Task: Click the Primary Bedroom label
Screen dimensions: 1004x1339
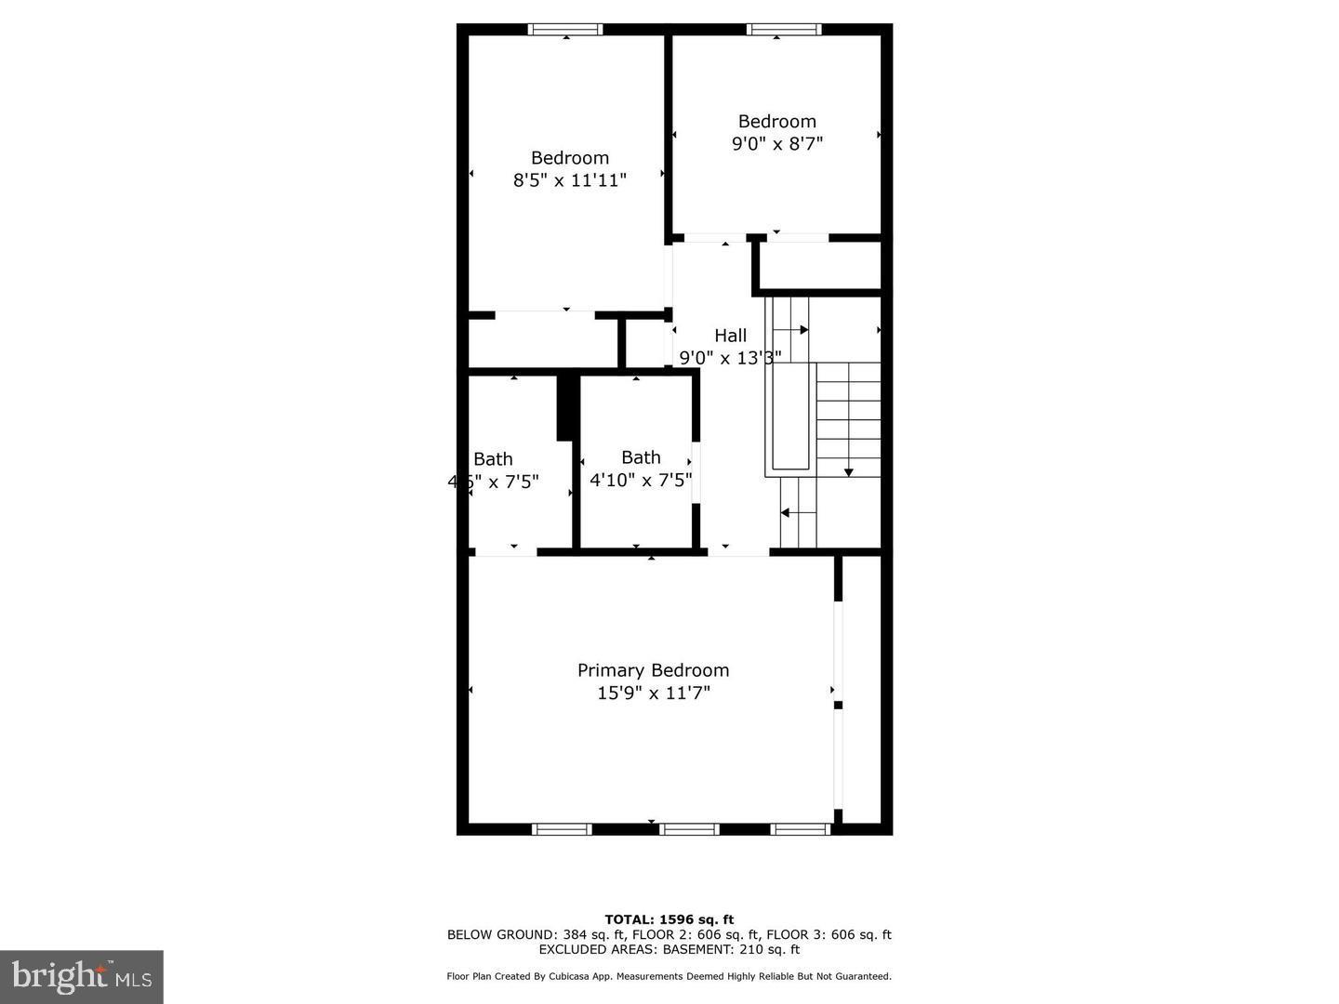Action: click(x=653, y=670)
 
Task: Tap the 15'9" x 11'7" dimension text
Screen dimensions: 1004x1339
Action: click(x=653, y=694)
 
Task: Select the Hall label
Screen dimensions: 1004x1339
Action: click(x=730, y=336)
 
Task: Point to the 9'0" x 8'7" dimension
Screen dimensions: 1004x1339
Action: click(x=777, y=144)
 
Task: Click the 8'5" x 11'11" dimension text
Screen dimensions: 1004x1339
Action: click(x=569, y=180)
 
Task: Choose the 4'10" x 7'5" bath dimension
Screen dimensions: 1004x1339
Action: click(x=641, y=481)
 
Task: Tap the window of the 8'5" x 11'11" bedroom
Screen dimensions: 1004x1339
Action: click(x=565, y=30)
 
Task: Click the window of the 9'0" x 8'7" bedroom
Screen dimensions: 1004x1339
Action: click(x=784, y=30)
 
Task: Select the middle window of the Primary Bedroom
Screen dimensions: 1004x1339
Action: click(x=689, y=829)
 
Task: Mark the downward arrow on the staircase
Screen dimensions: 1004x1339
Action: click(x=848, y=472)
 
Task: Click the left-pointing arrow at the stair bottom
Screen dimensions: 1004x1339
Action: click(x=786, y=512)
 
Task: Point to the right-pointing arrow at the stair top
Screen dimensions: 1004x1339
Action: click(x=802, y=329)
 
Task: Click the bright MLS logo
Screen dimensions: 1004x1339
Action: click(x=82, y=976)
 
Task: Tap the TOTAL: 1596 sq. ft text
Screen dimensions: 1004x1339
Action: click(x=669, y=920)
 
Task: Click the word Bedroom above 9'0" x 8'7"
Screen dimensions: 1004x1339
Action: click(x=777, y=122)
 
